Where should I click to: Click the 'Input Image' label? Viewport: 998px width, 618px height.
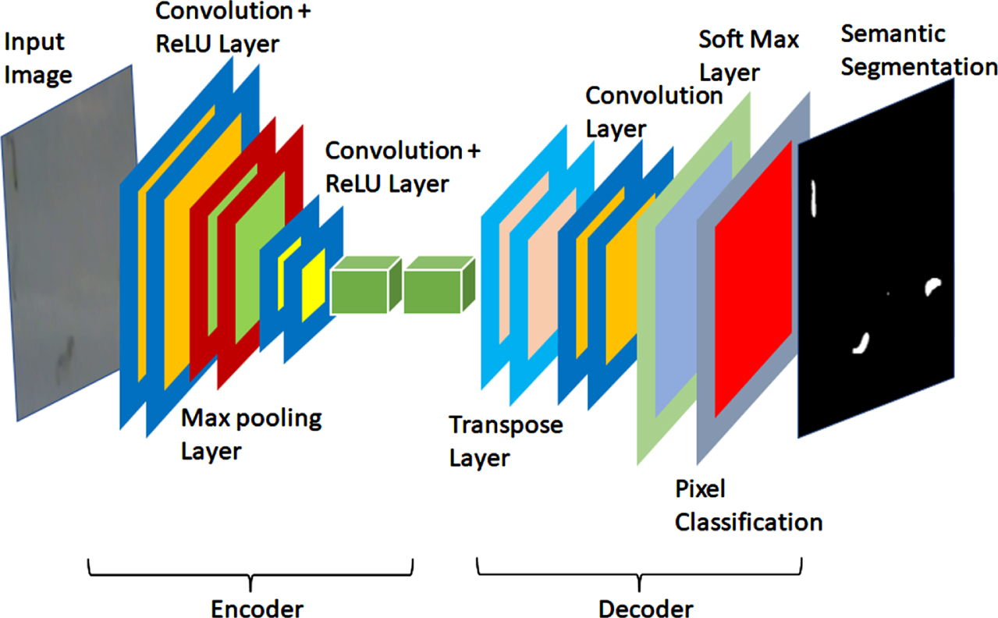(x=38, y=59)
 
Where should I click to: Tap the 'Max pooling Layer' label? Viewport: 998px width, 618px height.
(x=251, y=435)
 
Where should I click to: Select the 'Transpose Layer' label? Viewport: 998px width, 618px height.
(x=506, y=441)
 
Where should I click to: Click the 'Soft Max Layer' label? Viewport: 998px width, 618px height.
(x=748, y=55)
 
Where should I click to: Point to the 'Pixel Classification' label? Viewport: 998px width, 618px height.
(x=748, y=506)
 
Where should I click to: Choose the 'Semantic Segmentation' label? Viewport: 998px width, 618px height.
(x=918, y=51)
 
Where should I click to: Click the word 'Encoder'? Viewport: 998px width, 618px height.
(x=257, y=608)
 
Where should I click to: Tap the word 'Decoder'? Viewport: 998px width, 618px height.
(x=645, y=608)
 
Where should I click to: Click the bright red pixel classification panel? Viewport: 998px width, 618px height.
(x=753, y=279)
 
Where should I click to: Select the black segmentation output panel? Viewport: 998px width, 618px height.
(x=876, y=258)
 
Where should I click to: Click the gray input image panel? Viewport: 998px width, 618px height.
(x=69, y=243)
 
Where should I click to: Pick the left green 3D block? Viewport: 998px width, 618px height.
(x=366, y=285)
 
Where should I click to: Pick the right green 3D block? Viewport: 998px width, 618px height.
(x=439, y=285)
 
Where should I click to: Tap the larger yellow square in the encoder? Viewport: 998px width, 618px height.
(x=314, y=285)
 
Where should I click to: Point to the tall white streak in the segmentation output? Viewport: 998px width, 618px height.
(x=814, y=198)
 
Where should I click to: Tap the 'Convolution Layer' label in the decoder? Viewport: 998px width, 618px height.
(x=654, y=112)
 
